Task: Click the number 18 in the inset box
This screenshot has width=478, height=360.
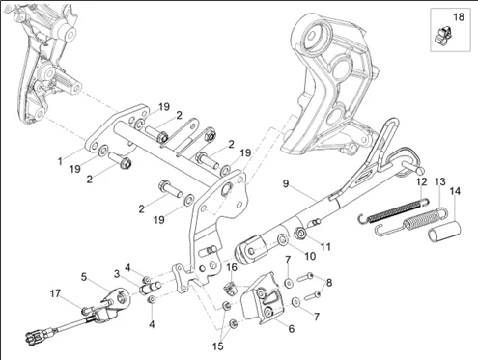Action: tap(459, 17)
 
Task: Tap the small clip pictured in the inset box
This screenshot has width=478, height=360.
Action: tap(443, 35)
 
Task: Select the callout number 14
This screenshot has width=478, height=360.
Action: tap(455, 191)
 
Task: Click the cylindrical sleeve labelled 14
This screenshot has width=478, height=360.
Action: tap(444, 231)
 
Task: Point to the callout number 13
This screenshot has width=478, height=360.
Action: tap(440, 181)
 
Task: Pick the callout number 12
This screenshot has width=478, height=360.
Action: tap(421, 181)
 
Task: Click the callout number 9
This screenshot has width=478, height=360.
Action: tap(286, 183)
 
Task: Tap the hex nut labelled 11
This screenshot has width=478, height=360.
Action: tap(300, 233)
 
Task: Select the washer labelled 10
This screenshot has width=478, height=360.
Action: tap(283, 239)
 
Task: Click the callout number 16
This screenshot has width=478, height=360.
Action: tap(232, 267)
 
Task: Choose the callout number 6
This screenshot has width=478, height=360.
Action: tap(292, 328)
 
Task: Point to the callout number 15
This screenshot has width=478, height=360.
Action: tap(218, 346)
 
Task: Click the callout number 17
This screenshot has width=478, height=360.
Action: tap(55, 293)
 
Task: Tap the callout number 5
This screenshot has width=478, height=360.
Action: tap(84, 277)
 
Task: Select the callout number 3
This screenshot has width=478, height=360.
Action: tap(117, 274)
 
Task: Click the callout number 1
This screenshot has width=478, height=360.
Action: tap(60, 161)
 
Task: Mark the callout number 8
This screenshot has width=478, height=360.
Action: tap(329, 283)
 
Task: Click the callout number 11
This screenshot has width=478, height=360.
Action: tap(325, 247)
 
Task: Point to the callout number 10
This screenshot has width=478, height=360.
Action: tap(310, 257)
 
